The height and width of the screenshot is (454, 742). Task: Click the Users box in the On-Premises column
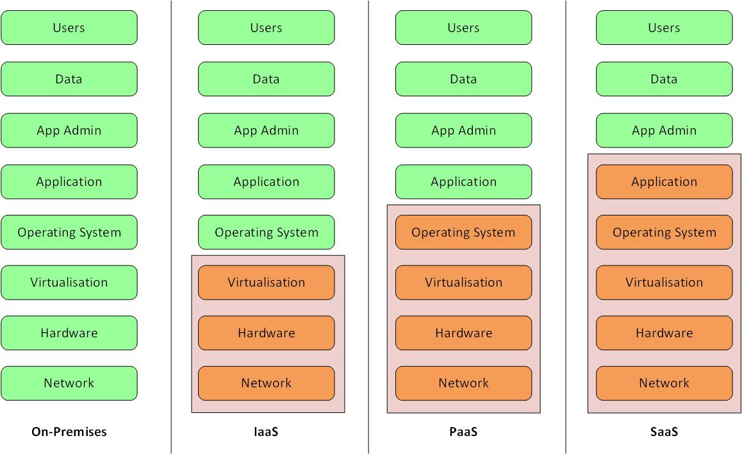click(69, 28)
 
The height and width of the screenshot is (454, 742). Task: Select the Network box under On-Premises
click(69, 383)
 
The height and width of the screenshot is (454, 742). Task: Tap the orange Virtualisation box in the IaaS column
click(266, 282)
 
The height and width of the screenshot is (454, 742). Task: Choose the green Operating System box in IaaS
click(266, 232)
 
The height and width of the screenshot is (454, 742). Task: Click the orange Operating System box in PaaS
click(463, 232)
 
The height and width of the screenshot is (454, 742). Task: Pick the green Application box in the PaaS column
click(463, 181)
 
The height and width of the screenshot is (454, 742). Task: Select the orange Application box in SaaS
click(664, 181)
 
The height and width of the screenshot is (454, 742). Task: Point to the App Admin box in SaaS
click(664, 130)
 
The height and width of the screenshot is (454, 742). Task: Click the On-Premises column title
click(69, 432)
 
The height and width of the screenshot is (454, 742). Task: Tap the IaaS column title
click(266, 432)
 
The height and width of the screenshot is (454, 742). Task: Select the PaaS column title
click(463, 432)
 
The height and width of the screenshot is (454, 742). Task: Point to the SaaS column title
click(664, 432)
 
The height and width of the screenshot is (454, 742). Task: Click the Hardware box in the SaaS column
click(664, 333)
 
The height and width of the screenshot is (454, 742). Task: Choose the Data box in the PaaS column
click(463, 79)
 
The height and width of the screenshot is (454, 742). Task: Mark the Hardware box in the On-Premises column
click(69, 333)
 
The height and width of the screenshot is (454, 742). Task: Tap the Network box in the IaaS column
click(266, 383)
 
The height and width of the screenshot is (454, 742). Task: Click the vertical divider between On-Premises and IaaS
click(171, 224)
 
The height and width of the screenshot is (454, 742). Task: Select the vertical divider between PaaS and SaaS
click(566, 224)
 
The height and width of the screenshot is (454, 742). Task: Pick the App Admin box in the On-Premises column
click(69, 130)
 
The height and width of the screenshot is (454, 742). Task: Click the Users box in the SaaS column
click(664, 28)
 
